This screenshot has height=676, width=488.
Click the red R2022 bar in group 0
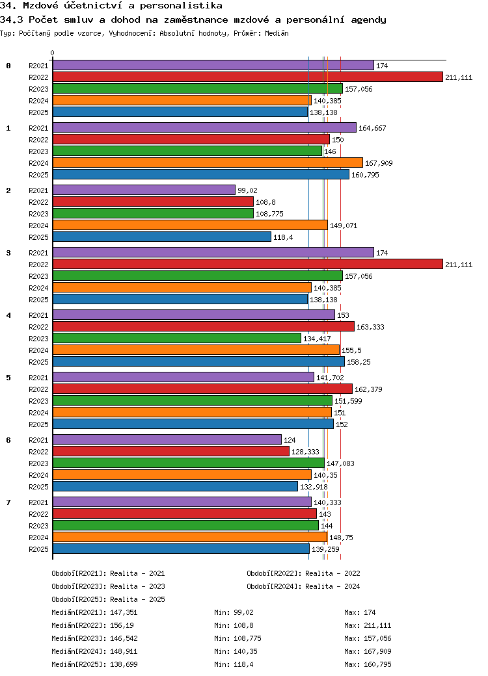point(247,77)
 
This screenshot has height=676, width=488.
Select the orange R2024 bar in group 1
point(208,162)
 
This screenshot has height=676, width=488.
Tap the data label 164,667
point(372,128)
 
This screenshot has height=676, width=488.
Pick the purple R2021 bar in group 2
point(144,190)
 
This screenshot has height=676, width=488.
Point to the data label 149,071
point(344,226)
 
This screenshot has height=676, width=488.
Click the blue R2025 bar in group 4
point(198,361)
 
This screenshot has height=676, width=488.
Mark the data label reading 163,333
point(370,327)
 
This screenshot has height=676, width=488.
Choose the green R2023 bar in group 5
point(193,400)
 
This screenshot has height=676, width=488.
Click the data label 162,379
point(368,389)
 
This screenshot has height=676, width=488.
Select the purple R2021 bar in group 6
point(167,439)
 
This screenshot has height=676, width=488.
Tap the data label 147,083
point(340,463)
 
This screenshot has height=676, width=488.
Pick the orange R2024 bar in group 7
point(190,537)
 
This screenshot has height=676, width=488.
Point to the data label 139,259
point(325,549)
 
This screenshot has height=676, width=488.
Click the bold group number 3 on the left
point(8,253)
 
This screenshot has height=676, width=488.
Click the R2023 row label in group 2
point(38,214)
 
